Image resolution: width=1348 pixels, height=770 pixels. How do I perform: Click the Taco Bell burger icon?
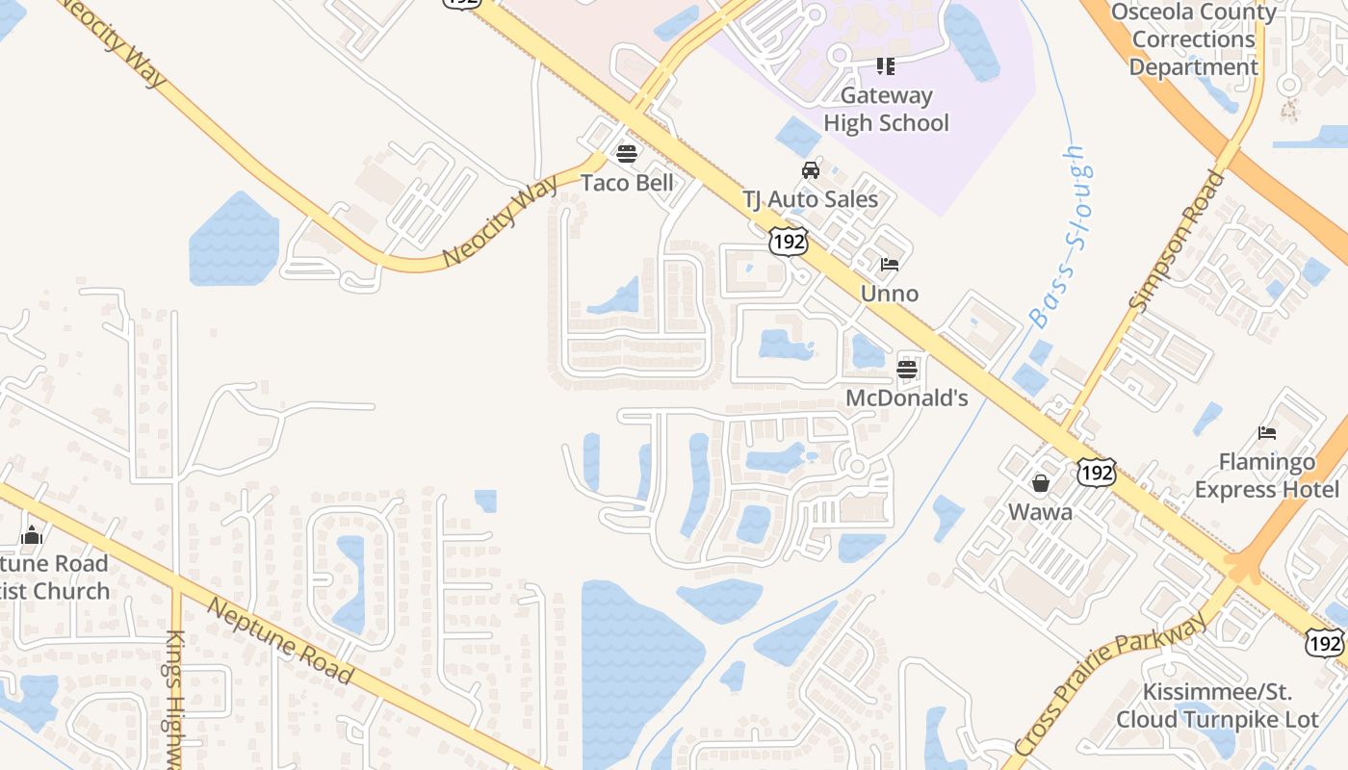click(627, 153)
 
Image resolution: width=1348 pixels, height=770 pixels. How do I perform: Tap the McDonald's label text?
click(906, 398)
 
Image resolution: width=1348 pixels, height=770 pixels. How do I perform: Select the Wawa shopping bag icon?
click(1041, 482)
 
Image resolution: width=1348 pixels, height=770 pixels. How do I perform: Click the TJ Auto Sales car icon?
click(811, 170)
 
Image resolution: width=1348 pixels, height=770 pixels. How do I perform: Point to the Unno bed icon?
click(889, 265)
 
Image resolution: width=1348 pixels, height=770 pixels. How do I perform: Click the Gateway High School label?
click(886, 109)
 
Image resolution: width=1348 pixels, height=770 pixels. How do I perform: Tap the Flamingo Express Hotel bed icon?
click(1267, 433)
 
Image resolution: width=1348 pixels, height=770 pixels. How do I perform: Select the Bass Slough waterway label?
click(1056, 236)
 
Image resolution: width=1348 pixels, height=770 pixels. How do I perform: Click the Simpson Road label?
click(1179, 240)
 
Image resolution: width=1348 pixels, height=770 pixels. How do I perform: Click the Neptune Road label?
click(279, 640)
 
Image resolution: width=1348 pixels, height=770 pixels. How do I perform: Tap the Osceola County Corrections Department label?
click(1193, 39)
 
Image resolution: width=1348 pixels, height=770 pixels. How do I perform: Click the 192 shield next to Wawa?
click(1097, 473)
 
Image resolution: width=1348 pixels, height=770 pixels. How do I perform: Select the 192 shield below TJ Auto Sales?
click(788, 242)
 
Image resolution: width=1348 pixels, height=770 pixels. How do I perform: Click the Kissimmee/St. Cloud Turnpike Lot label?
click(1217, 706)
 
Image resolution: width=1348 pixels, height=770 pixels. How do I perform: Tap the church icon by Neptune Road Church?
click(32, 535)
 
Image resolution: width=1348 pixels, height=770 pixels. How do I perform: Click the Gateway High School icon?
click(885, 66)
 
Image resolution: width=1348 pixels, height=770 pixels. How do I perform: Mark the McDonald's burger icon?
click(906, 369)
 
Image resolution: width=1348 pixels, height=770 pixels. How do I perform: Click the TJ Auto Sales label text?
click(810, 199)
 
